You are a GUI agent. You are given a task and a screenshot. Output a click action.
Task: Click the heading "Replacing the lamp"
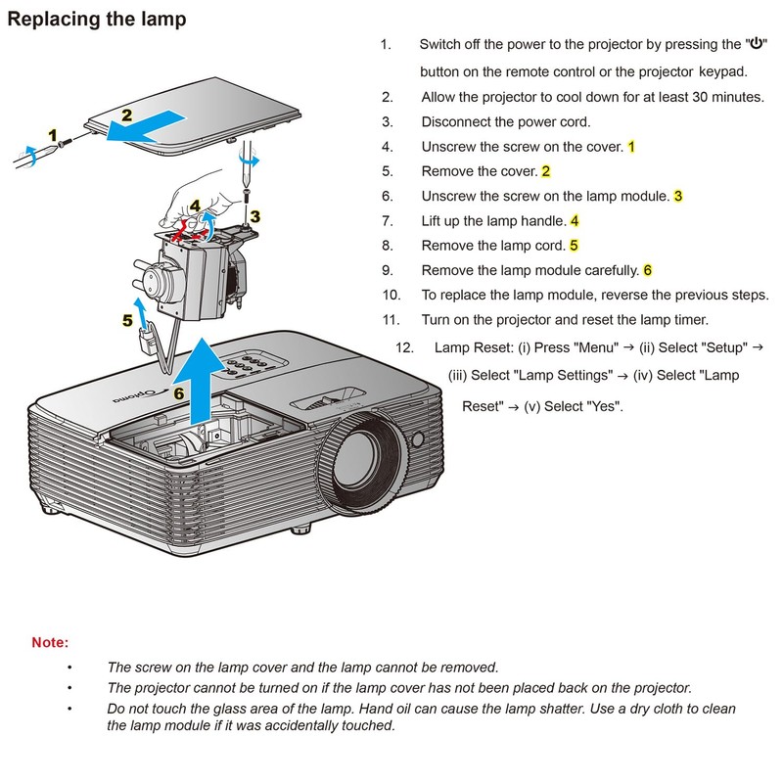click(96, 19)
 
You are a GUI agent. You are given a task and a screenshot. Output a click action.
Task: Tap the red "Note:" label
click(50, 643)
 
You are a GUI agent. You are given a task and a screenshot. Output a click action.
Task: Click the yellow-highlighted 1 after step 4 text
click(631, 147)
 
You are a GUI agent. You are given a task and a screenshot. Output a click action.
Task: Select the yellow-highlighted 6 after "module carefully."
click(648, 270)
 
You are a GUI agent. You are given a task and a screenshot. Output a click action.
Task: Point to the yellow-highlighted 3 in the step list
click(678, 196)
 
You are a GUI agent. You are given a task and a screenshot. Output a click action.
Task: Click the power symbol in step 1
click(756, 45)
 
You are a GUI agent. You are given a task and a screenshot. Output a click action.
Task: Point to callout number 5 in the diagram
click(127, 320)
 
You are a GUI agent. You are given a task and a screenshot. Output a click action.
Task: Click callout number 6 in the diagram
click(178, 393)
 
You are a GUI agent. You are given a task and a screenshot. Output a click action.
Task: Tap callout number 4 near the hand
click(196, 207)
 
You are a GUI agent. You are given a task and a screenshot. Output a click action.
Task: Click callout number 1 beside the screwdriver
click(53, 133)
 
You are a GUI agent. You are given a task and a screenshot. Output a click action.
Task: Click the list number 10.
click(391, 295)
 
